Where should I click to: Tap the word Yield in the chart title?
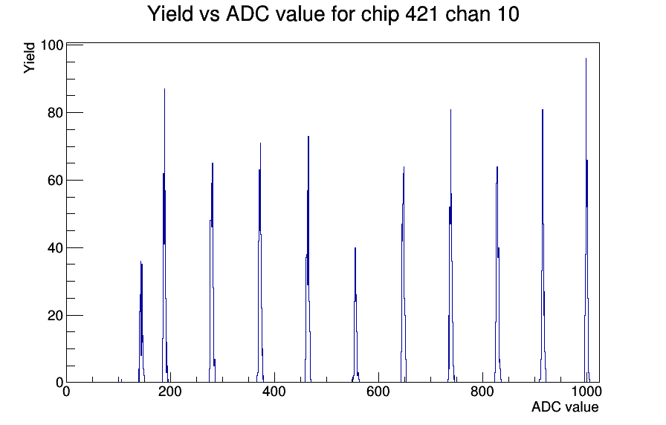(170, 13)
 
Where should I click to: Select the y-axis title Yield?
(29, 58)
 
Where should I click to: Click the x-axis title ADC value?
(565, 406)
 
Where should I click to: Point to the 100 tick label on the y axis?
(51, 45)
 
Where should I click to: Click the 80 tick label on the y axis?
(55, 113)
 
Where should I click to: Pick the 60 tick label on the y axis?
(55, 181)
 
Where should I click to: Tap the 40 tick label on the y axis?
(55, 248)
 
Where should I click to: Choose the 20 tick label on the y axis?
(55, 316)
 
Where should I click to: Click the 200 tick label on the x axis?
(170, 392)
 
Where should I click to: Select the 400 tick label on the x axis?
(274, 392)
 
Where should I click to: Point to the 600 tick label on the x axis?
(378, 392)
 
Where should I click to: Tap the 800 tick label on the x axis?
(482, 392)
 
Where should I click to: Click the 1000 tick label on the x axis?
(586, 392)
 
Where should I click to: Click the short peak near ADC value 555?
(355, 315)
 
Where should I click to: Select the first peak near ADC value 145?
(141, 322)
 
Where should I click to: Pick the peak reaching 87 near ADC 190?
(164, 236)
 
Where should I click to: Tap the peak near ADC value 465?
(308, 259)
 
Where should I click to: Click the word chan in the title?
(466, 13)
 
